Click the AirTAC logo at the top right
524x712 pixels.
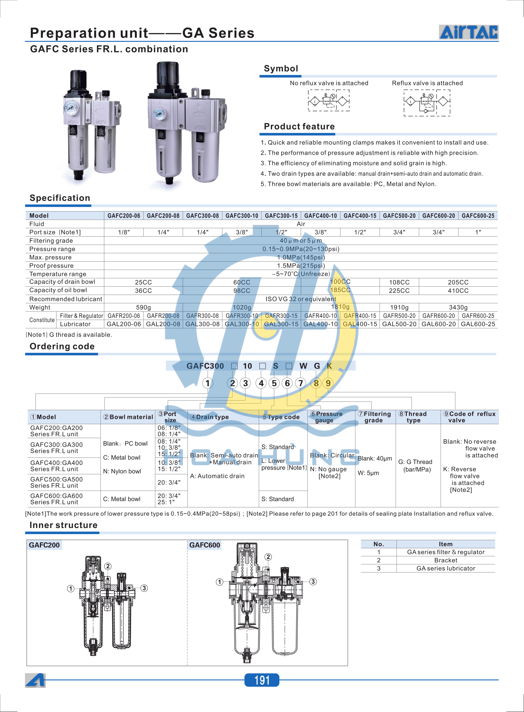click(x=468, y=32)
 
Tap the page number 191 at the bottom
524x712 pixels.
click(x=262, y=680)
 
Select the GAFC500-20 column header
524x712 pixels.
click(x=399, y=216)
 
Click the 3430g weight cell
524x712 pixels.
click(x=458, y=307)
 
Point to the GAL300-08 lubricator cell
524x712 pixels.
click(x=202, y=324)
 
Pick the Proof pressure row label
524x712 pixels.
click(x=51, y=265)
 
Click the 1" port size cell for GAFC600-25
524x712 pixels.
click(x=478, y=232)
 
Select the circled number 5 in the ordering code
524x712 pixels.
click(x=274, y=383)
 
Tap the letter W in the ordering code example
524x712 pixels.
click(x=303, y=366)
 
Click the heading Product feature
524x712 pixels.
click(x=299, y=127)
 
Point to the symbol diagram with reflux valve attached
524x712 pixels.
click(x=427, y=102)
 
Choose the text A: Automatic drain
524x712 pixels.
click(x=217, y=476)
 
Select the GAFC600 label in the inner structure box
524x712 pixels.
click(x=204, y=545)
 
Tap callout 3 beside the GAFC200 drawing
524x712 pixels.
click(x=144, y=588)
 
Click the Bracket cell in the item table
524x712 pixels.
click(x=445, y=560)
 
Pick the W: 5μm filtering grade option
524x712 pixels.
click(x=368, y=473)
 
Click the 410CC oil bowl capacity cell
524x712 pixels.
click(x=458, y=290)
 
